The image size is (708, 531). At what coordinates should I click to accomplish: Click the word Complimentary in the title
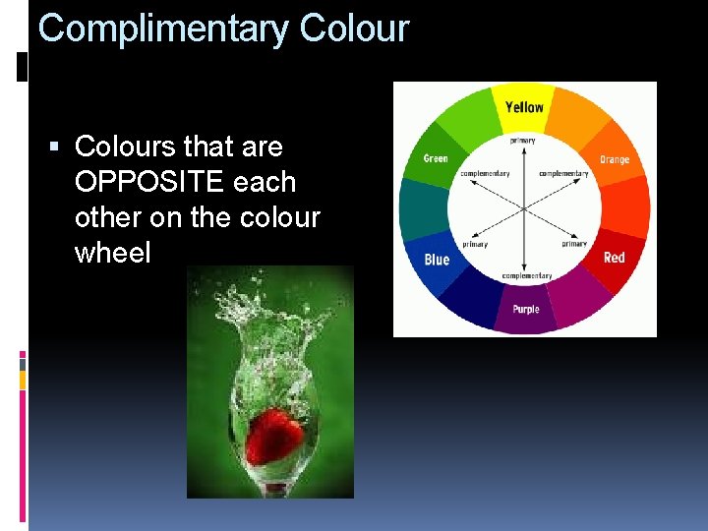pos(162,29)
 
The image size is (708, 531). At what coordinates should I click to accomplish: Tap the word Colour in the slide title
pos(353,28)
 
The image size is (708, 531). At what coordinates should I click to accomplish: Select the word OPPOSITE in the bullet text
pos(185,182)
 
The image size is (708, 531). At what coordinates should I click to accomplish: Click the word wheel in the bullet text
pos(112,253)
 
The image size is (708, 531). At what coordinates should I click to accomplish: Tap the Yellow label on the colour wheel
pos(524,106)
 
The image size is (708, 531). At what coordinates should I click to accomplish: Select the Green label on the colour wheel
pos(435,158)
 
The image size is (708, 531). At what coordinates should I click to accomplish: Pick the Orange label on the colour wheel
pos(615,159)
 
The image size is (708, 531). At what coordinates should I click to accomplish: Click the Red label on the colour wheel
pos(614,258)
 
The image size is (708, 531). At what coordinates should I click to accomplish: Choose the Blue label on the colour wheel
pos(437,260)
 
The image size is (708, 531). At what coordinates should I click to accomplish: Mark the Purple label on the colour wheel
pos(525,310)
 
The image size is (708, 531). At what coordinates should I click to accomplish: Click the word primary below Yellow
pos(522,141)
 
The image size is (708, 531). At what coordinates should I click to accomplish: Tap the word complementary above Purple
pos(527,276)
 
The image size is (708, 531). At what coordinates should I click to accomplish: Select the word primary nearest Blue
pos(476,244)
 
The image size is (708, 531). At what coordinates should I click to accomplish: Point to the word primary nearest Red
pos(574,244)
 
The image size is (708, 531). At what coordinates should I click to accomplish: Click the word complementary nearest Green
pos(485,174)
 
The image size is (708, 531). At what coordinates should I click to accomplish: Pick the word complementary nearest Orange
pos(563,174)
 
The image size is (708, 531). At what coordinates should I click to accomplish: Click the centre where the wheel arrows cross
pos(523,208)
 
